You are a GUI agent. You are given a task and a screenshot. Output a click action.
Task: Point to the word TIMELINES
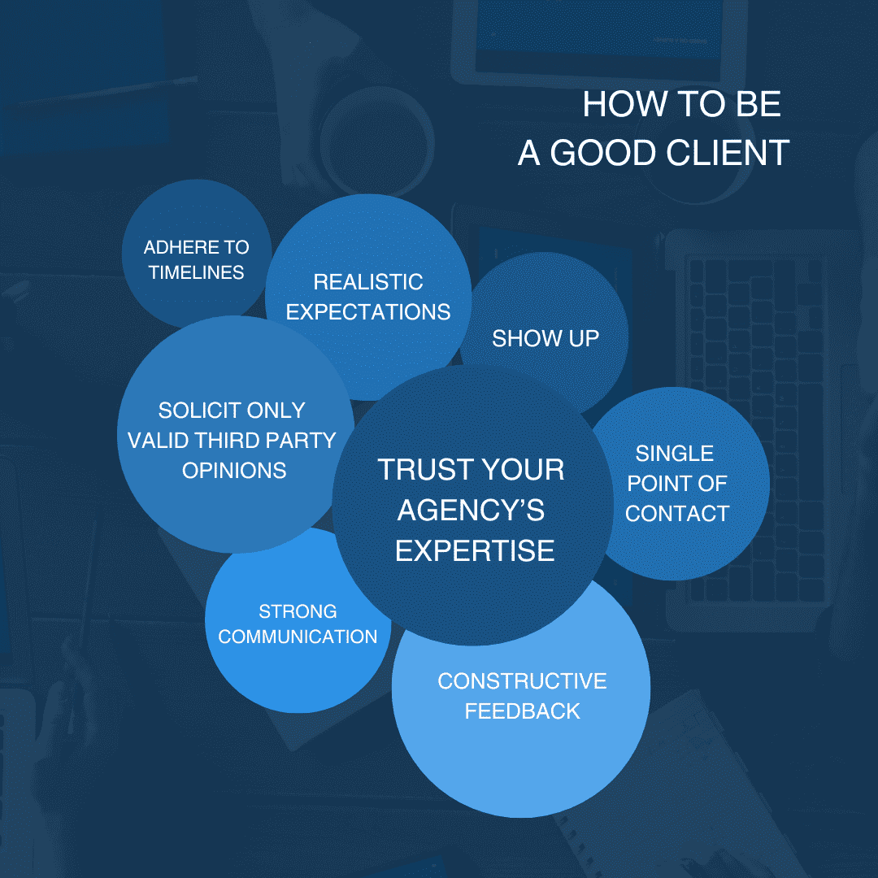(x=196, y=272)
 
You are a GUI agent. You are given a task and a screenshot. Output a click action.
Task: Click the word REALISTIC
(x=368, y=282)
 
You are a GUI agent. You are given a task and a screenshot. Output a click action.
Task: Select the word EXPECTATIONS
(x=368, y=312)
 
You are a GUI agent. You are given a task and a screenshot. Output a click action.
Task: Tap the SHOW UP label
(x=545, y=338)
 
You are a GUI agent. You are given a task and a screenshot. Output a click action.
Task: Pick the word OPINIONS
(x=234, y=470)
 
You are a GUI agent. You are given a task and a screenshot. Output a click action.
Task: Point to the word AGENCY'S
(x=471, y=511)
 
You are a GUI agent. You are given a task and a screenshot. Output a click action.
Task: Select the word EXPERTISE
(x=475, y=550)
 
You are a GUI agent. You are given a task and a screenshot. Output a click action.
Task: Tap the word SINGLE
(x=675, y=453)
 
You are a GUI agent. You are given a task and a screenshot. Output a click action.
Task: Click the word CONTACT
(x=677, y=513)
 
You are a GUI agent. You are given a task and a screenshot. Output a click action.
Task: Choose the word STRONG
(x=298, y=611)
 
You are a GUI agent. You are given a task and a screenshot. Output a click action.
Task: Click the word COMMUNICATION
(x=298, y=637)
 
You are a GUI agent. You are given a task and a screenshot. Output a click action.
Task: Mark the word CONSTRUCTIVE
(x=522, y=680)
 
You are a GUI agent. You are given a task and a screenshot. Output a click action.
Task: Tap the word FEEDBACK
(x=522, y=711)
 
